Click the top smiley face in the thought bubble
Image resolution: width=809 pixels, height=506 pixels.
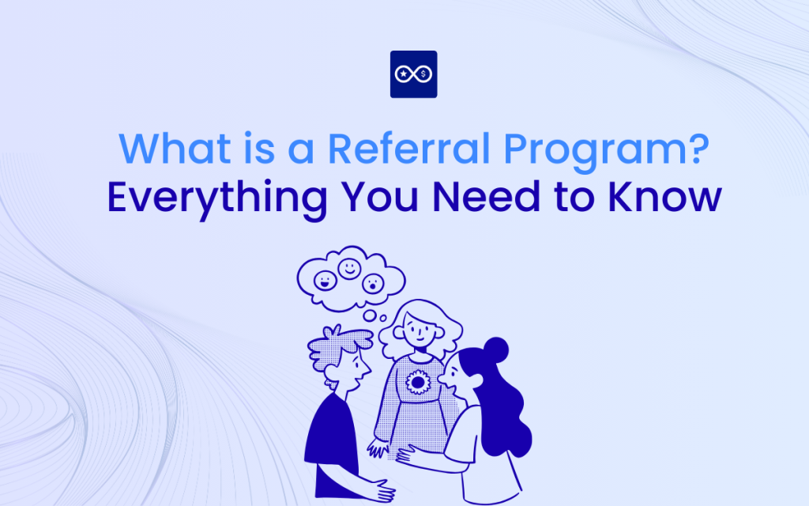(349, 269)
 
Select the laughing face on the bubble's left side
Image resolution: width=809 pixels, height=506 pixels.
(324, 281)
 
